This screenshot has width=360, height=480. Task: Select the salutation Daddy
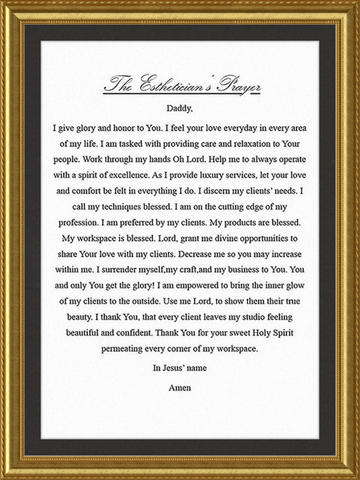coord(179,109)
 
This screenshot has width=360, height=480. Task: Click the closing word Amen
coord(180,387)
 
